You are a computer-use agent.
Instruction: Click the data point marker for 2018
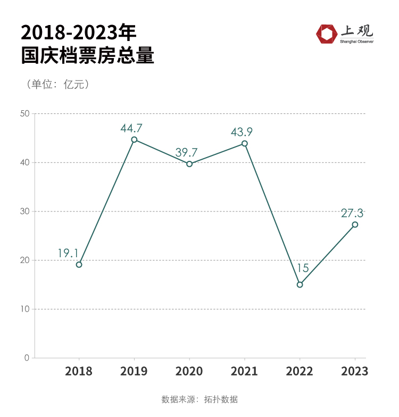pos(79,265)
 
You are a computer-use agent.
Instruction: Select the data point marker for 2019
pos(134,140)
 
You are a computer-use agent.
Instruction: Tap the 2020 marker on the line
pos(189,164)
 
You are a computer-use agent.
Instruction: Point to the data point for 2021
pos(245,143)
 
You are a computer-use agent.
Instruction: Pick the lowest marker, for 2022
pos(300,284)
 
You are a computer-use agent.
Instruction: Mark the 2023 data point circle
pos(355,225)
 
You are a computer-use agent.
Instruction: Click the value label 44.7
pos(131,128)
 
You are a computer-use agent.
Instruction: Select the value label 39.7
pos(187,153)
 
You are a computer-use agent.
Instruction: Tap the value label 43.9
pos(242,132)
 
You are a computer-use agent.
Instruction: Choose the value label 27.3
pos(352,213)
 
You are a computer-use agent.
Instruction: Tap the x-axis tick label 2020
pos(189,371)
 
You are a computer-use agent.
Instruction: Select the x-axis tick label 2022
pos(300,371)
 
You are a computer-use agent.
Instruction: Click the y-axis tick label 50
pos(24,113)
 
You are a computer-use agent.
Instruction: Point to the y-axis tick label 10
pos(24,309)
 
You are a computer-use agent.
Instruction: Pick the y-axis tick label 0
pos(27,358)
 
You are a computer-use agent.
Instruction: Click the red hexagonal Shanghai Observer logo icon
pos(326,34)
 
